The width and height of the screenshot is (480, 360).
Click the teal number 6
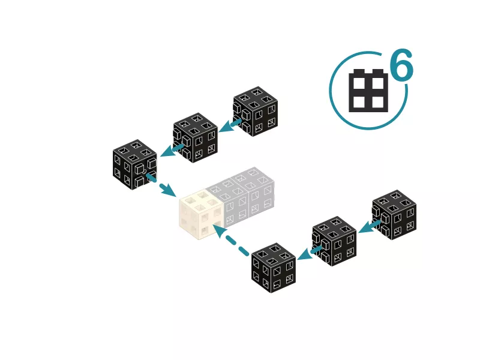tap(401, 65)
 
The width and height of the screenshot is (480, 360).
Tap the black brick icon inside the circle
tap(368, 91)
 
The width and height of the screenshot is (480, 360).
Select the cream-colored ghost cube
tap(201, 214)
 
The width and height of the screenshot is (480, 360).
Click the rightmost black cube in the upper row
tap(256, 112)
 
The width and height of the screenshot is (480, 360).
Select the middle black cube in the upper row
tap(196, 138)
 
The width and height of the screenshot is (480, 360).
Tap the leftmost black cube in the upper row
tap(135, 164)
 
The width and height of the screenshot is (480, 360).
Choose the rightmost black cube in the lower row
tap(394, 215)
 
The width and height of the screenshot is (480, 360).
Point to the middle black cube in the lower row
tap(334, 241)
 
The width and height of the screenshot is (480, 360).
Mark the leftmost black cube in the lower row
tap(274, 268)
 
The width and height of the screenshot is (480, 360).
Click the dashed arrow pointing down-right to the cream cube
tap(161, 185)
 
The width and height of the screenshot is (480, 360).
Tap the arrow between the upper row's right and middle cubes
tap(230, 125)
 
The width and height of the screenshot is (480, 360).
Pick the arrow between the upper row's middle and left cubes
tap(172, 151)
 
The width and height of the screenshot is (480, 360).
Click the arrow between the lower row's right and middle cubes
tap(370, 227)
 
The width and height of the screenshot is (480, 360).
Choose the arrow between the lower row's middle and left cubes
tap(309, 253)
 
